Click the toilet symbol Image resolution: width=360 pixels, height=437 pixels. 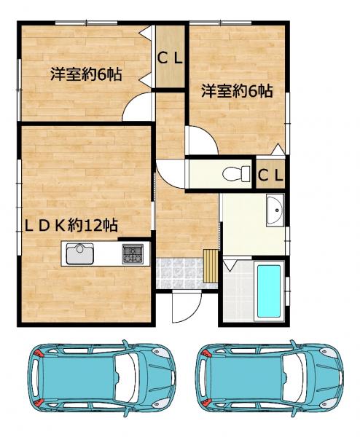(236, 173)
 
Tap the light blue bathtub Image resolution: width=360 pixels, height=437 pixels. (269, 291)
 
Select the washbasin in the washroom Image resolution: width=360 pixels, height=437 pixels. (275, 210)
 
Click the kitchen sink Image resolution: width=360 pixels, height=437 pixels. (79, 253)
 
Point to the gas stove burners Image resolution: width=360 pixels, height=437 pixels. (133, 254)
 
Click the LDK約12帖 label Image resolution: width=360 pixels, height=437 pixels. (71, 226)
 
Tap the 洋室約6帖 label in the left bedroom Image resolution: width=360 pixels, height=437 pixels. (86, 74)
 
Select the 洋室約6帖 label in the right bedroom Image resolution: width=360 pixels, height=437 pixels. (237, 91)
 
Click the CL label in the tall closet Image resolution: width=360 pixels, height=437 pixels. (170, 58)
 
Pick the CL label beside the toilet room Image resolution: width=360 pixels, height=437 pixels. (270, 176)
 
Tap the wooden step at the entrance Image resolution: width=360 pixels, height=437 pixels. (211, 266)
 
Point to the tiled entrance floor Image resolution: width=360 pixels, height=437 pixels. (180, 273)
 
